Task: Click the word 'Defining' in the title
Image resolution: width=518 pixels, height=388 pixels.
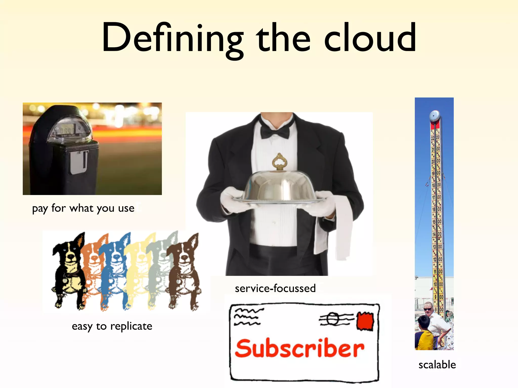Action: point(172,38)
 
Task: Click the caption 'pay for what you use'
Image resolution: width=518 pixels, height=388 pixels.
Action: point(83,208)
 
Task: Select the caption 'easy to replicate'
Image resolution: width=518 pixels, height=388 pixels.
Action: point(112,326)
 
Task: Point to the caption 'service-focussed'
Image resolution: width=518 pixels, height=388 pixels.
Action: point(275,288)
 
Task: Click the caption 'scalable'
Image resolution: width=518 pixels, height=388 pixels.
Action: point(437,365)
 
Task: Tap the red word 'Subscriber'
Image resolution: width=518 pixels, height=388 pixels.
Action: point(299,349)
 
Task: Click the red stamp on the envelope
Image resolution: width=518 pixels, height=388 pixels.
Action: point(365,321)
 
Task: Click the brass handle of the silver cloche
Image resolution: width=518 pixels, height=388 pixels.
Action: point(279,162)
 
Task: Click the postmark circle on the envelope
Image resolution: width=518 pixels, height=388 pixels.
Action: point(332,319)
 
